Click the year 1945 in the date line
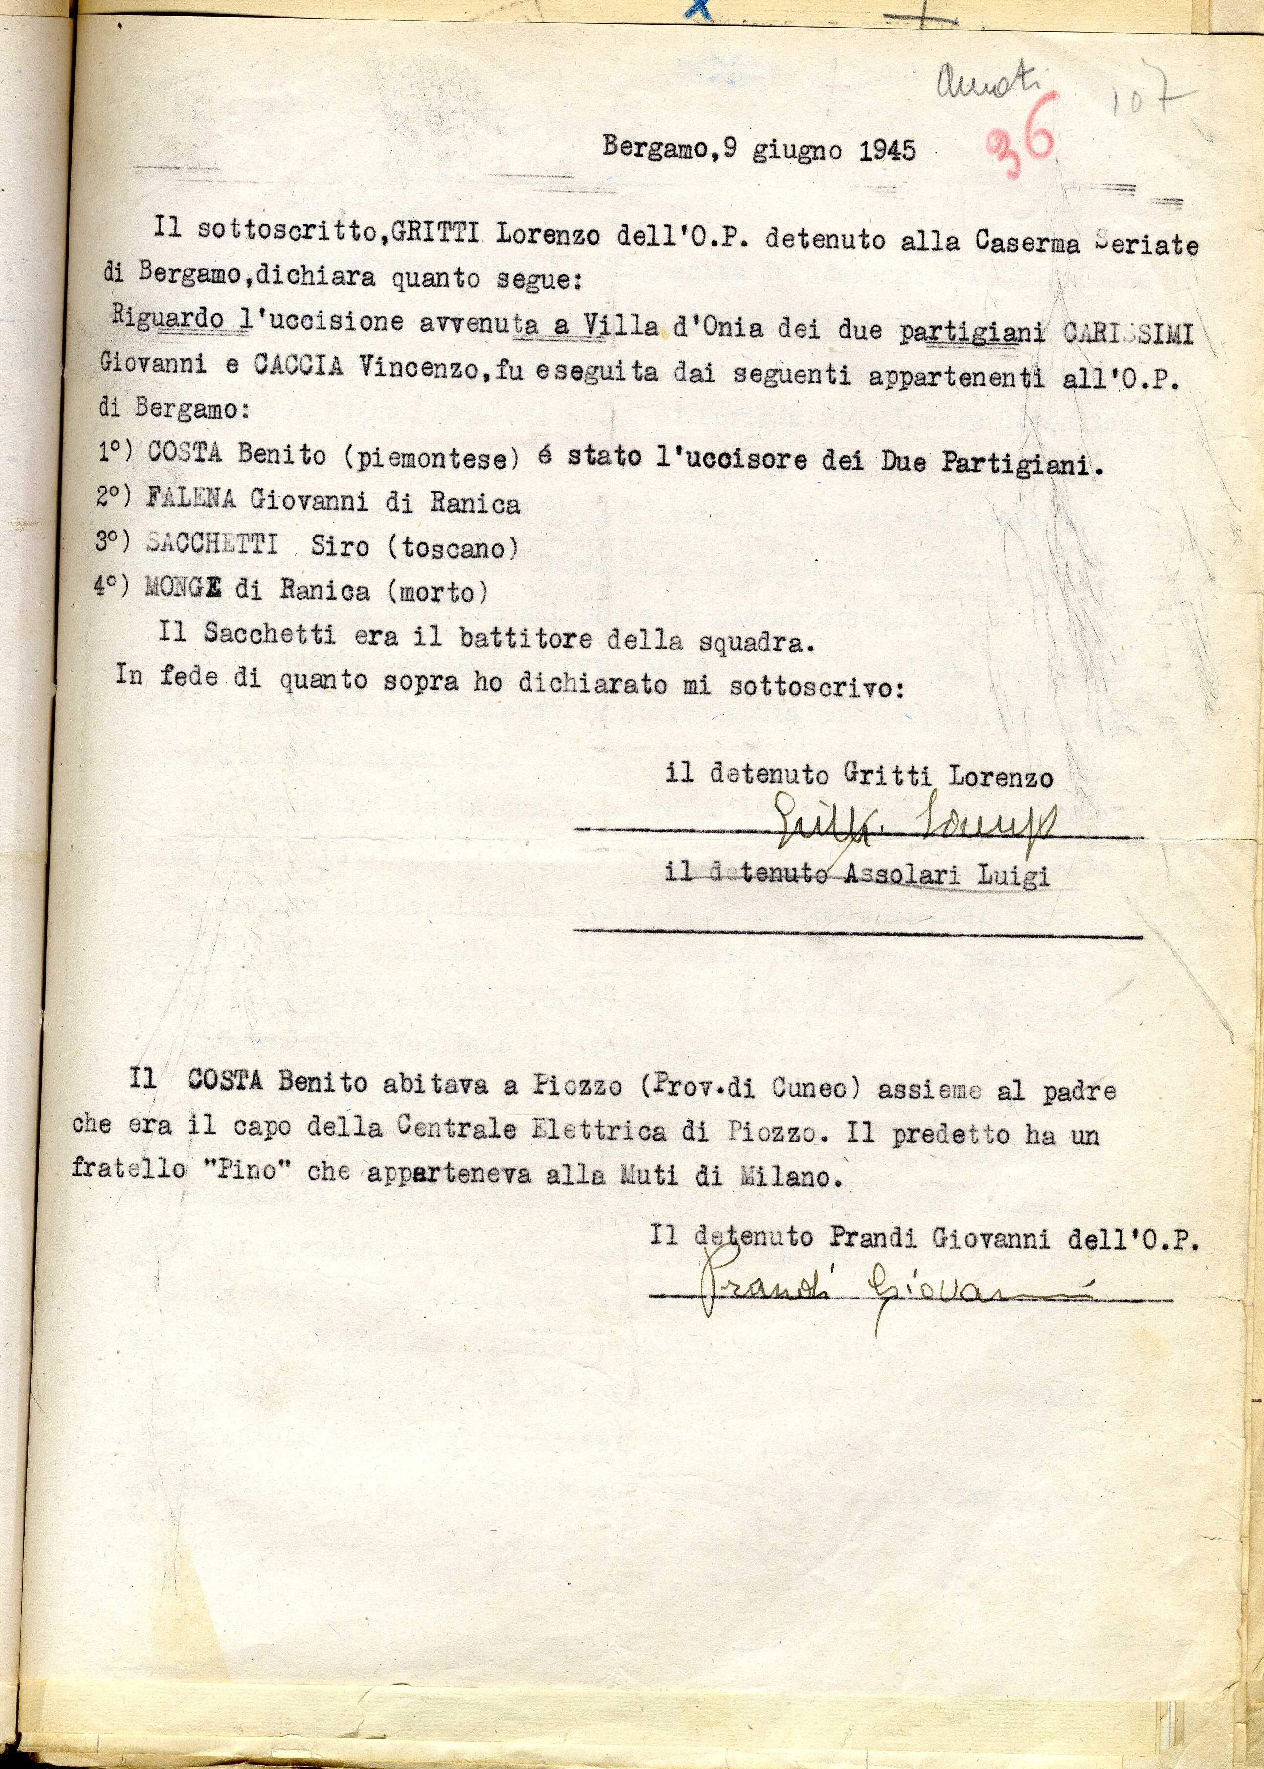point(887,150)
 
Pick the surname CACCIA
point(298,366)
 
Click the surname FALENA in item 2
point(191,500)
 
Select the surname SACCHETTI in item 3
point(212,544)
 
